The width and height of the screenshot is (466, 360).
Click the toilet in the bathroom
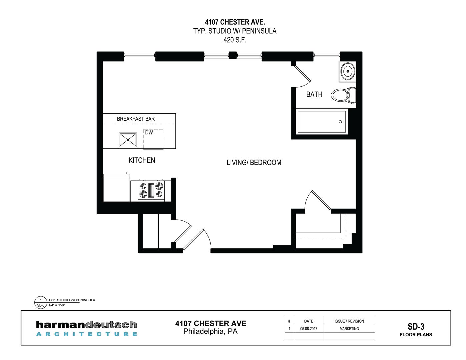[343, 95]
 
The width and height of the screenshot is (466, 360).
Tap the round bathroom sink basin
[348, 71]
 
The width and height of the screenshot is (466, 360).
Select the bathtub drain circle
[340, 122]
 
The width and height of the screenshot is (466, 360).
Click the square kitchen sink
[128, 140]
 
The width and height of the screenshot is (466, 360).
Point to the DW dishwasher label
[149, 133]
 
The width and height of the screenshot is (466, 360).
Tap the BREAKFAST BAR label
[136, 119]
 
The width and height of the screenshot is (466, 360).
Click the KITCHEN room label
[142, 160]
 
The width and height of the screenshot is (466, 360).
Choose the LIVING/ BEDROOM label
[254, 163]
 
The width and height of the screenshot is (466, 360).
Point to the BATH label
[314, 94]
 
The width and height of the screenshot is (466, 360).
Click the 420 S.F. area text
[235, 40]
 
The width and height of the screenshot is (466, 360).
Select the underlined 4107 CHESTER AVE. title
[235, 22]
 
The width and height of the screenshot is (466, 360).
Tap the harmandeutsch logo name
[86, 325]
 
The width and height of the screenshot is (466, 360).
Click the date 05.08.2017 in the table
[309, 328]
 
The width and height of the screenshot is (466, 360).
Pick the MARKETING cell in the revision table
[349, 328]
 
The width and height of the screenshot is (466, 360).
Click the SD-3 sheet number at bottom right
[416, 327]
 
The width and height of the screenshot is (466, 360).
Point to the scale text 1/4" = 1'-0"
[57, 305]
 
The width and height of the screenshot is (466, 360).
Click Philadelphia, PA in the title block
[210, 331]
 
